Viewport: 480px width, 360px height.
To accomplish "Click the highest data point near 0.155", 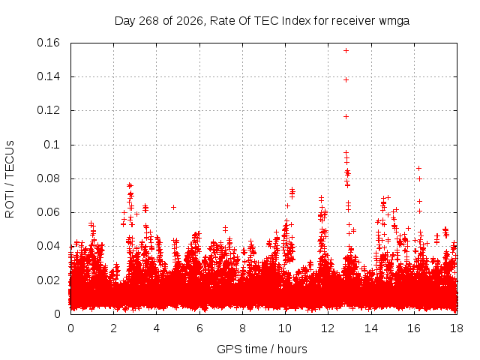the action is (346, 50).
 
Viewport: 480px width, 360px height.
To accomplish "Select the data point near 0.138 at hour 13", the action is (346, 80).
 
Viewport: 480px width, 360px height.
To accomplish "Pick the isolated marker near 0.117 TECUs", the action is (346, 117).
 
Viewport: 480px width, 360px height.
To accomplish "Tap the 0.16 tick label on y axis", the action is (48, 43).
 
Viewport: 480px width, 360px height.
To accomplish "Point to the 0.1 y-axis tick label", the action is (52, 145).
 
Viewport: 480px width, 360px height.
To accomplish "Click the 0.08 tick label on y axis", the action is (48, 178).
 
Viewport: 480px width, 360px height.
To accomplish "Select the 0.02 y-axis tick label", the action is (48, 280).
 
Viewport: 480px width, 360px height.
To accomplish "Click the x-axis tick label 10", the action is (285, 328).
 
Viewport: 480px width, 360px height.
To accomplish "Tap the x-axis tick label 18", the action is (457, 328).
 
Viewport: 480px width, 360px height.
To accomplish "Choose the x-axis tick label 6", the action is (199, 328).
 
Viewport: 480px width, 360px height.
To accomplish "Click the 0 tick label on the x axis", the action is (70, 328).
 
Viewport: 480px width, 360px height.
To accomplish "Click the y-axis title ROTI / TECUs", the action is (10, 179).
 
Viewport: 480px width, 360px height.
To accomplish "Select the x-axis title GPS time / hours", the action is (262, 349).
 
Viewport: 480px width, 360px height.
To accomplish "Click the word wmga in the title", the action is (394, 21).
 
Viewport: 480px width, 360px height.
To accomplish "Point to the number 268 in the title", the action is (148, 21).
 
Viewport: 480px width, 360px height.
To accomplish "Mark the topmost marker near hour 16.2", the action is (418, 168).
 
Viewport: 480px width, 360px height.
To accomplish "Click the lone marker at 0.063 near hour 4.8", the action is (173, 207).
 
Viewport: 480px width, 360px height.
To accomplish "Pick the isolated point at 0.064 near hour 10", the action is (287, 206).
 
